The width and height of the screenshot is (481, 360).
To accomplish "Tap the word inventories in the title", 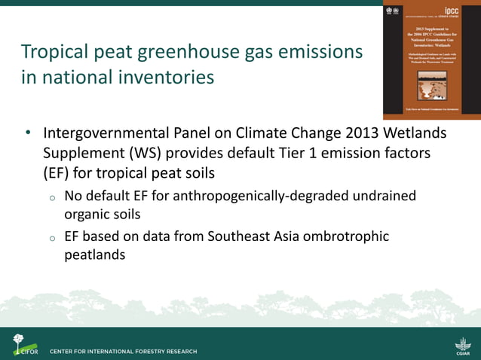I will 169,78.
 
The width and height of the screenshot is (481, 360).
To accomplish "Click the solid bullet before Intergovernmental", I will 27,134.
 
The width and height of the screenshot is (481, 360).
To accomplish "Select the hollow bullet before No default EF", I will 51,197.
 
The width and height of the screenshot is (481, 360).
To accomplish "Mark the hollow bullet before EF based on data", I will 51,238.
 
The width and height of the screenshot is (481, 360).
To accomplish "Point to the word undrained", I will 380,196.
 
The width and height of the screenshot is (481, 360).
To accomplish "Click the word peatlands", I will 94,255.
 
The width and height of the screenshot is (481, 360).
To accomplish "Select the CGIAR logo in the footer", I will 461,343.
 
